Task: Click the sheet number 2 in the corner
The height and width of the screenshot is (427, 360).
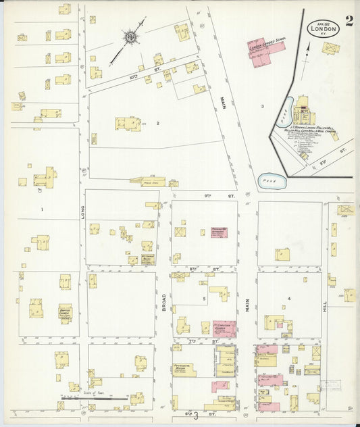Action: coord(349,20)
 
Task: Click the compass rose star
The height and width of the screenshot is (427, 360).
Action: coord(130,37)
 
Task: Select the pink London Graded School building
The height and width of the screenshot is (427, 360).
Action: coord(260,53)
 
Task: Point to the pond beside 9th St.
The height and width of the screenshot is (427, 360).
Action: coord(272,181)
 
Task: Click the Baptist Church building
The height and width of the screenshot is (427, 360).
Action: coord(65,312)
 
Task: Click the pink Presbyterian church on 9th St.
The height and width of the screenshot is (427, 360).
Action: coord(219,232)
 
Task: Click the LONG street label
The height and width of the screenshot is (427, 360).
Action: coord(82,214)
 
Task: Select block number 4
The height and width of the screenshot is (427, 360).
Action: coord(288,298)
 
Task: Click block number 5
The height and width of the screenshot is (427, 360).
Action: coord(203,298)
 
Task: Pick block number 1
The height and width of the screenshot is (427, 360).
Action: coord(42,209)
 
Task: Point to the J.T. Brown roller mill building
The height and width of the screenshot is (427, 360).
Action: coord(303,111)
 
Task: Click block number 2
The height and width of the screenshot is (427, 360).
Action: coord(157,123)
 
